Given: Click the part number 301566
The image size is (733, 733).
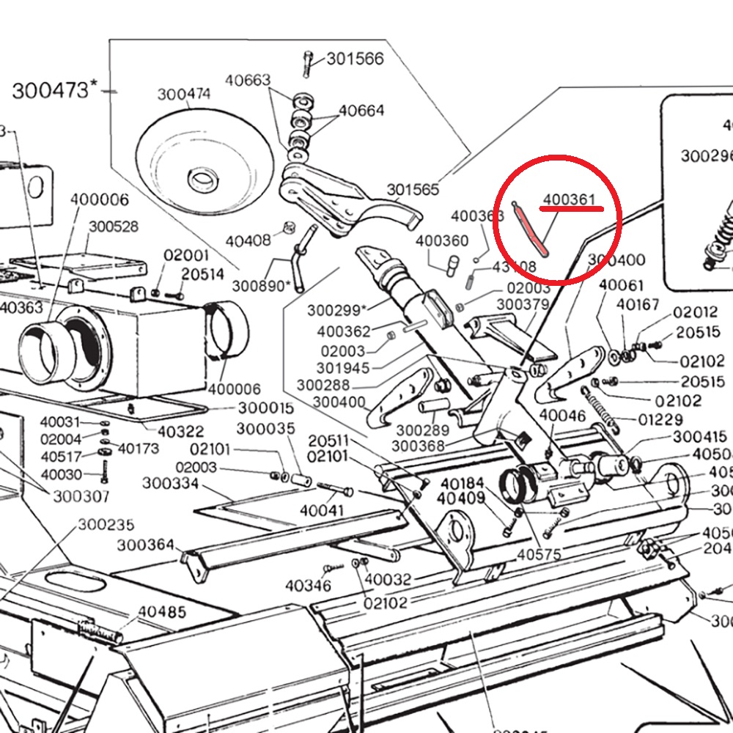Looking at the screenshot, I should point(355,59).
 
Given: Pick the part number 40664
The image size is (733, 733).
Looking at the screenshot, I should point(361,111).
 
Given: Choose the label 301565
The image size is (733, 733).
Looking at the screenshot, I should point(413,191).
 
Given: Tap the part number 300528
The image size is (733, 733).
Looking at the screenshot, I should point(114,226).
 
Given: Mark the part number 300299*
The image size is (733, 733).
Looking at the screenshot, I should point(339,310).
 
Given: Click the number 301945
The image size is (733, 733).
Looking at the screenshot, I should point(343,367).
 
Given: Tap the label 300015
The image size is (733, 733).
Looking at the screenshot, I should point(265,408).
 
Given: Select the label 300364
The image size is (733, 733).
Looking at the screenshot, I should point(146,545).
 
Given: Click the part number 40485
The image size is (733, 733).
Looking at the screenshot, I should point(162,611).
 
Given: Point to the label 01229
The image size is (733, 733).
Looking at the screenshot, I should point(660,420).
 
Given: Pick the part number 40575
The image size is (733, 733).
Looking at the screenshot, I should point(539,555).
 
